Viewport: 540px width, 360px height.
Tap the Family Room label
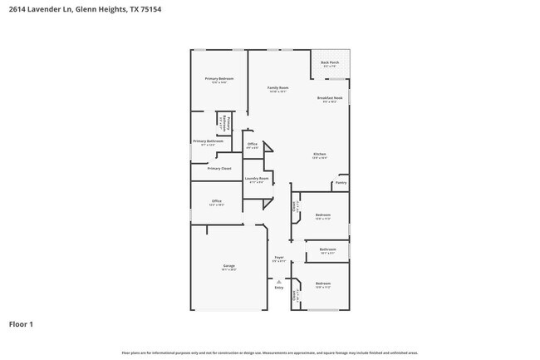277,87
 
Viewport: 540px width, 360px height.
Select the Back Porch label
330,62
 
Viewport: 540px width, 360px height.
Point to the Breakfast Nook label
329,98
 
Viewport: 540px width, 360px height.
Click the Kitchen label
320,155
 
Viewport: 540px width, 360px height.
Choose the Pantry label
341,183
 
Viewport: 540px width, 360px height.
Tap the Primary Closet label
219,168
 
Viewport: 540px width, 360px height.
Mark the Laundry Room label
257,179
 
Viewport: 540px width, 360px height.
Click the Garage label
228,266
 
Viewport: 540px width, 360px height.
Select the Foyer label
279,258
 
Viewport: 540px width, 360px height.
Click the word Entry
279,288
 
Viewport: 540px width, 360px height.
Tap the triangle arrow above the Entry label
279,281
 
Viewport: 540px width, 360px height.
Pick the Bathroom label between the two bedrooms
327,249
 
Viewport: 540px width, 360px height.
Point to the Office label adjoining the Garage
216,201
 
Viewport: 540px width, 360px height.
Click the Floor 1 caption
21,324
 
